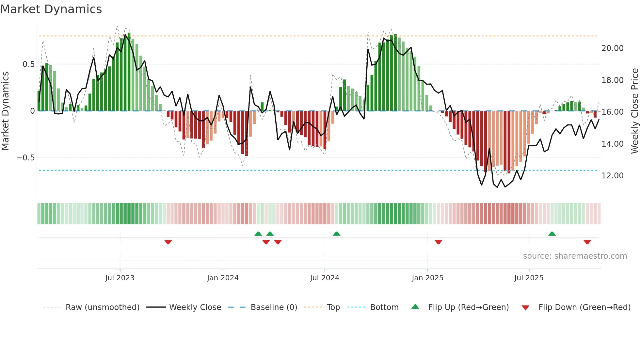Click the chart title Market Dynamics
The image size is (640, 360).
tap(51, 9)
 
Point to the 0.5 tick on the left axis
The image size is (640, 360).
tap(28, 64)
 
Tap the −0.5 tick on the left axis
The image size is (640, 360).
tap(25, 158)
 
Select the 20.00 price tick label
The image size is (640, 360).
tap(612, 48)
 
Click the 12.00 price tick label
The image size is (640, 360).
tap(612, 176)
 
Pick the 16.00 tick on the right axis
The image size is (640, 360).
tap(612, 112)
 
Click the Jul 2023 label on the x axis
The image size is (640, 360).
tap(120, 278)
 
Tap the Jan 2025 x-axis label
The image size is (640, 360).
tap(427, 278)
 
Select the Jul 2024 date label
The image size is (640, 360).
tap(325, 278)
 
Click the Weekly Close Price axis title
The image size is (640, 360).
tap(634, 111)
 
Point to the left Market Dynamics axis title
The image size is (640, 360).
tap(5, 111)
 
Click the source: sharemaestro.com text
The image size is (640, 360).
tap(575, 256)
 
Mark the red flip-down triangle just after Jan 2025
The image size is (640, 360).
tap(438, 242)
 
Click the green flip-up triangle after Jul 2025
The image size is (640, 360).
tap(552, 234)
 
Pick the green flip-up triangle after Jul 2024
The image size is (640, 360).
tap(336, 234)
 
